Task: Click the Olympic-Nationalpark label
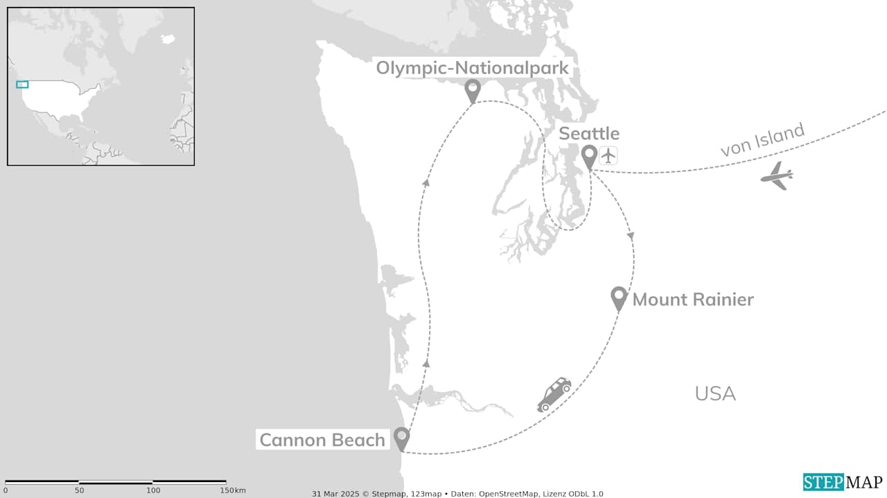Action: tap(472, 67)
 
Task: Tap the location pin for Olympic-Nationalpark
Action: tap(473, 89)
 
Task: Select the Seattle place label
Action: tap(589, 133)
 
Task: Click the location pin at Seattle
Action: tap(589, 156)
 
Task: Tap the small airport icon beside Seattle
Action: tap(608, 156)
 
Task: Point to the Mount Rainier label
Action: tap(693, 300)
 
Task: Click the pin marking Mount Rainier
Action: tap(619, 297)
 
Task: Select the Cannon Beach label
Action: tap(322, 440)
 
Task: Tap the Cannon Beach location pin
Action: tap(401, 438)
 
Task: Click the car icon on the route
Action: tap(554, 394)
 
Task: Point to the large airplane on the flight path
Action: tap(777, 175)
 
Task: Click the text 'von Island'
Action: tap(762, 140)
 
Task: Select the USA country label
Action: tap(714, 393)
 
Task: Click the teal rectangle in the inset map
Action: tap(22, 85)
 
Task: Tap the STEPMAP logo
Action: tap(843, 482)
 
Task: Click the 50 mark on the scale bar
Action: tap(79, 490)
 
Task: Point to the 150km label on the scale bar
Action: tap(232, 490)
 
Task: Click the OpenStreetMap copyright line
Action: tap(457, 494)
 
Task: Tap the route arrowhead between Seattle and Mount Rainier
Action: tap(631, 237)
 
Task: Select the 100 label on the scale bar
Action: tap(153, 490)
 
